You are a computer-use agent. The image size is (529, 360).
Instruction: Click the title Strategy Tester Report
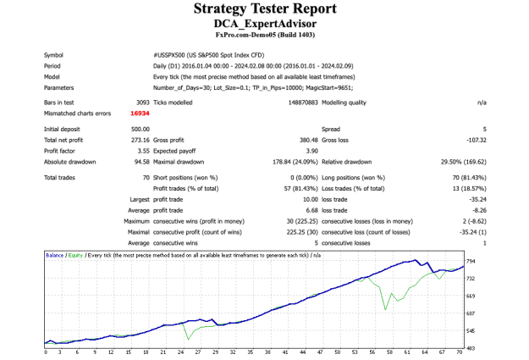265,8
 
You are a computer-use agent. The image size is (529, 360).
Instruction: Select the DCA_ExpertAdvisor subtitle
265,24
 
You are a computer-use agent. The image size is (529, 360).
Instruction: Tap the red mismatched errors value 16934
140,114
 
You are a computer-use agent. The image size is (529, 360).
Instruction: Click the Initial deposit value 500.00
141,130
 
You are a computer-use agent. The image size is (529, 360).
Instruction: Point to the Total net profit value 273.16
141,140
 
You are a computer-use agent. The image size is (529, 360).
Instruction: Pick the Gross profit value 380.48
309,140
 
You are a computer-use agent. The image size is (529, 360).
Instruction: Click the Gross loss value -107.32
477,140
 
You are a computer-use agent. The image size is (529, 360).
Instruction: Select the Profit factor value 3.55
143,151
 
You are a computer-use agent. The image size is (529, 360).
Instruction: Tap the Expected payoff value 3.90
312,151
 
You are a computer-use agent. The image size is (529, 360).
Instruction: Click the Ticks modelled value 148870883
303,102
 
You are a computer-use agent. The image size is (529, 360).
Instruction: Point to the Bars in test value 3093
143,102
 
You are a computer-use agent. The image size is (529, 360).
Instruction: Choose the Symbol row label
53,55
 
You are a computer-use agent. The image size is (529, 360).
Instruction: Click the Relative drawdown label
346,162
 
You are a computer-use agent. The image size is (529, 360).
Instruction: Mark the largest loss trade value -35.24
477,200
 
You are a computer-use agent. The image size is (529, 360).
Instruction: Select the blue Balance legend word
54,255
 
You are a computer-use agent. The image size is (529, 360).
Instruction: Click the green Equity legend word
75,255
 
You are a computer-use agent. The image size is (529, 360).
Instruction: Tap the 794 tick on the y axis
471,262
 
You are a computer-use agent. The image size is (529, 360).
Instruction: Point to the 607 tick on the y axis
471,313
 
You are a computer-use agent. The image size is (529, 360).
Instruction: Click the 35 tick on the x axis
250,352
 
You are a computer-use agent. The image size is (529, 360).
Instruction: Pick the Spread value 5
485,130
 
